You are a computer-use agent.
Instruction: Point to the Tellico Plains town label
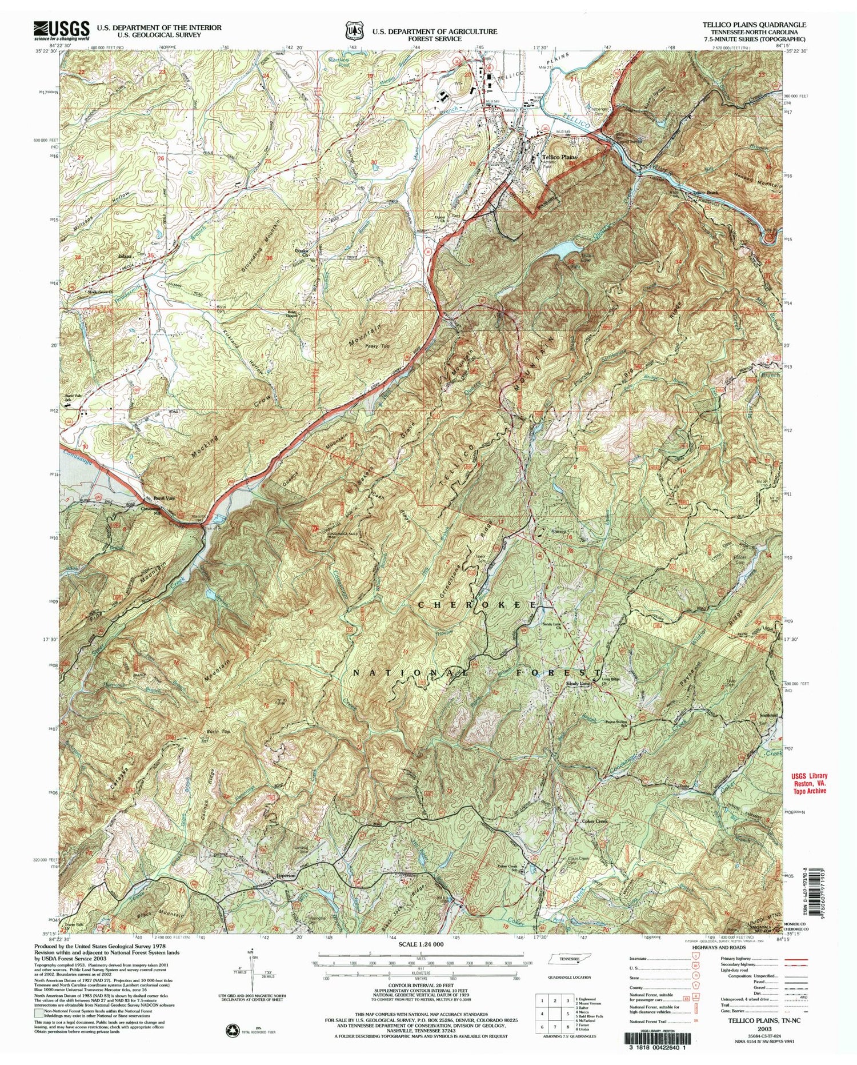coord(559,157)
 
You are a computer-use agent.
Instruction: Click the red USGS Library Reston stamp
coord(808,783)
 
